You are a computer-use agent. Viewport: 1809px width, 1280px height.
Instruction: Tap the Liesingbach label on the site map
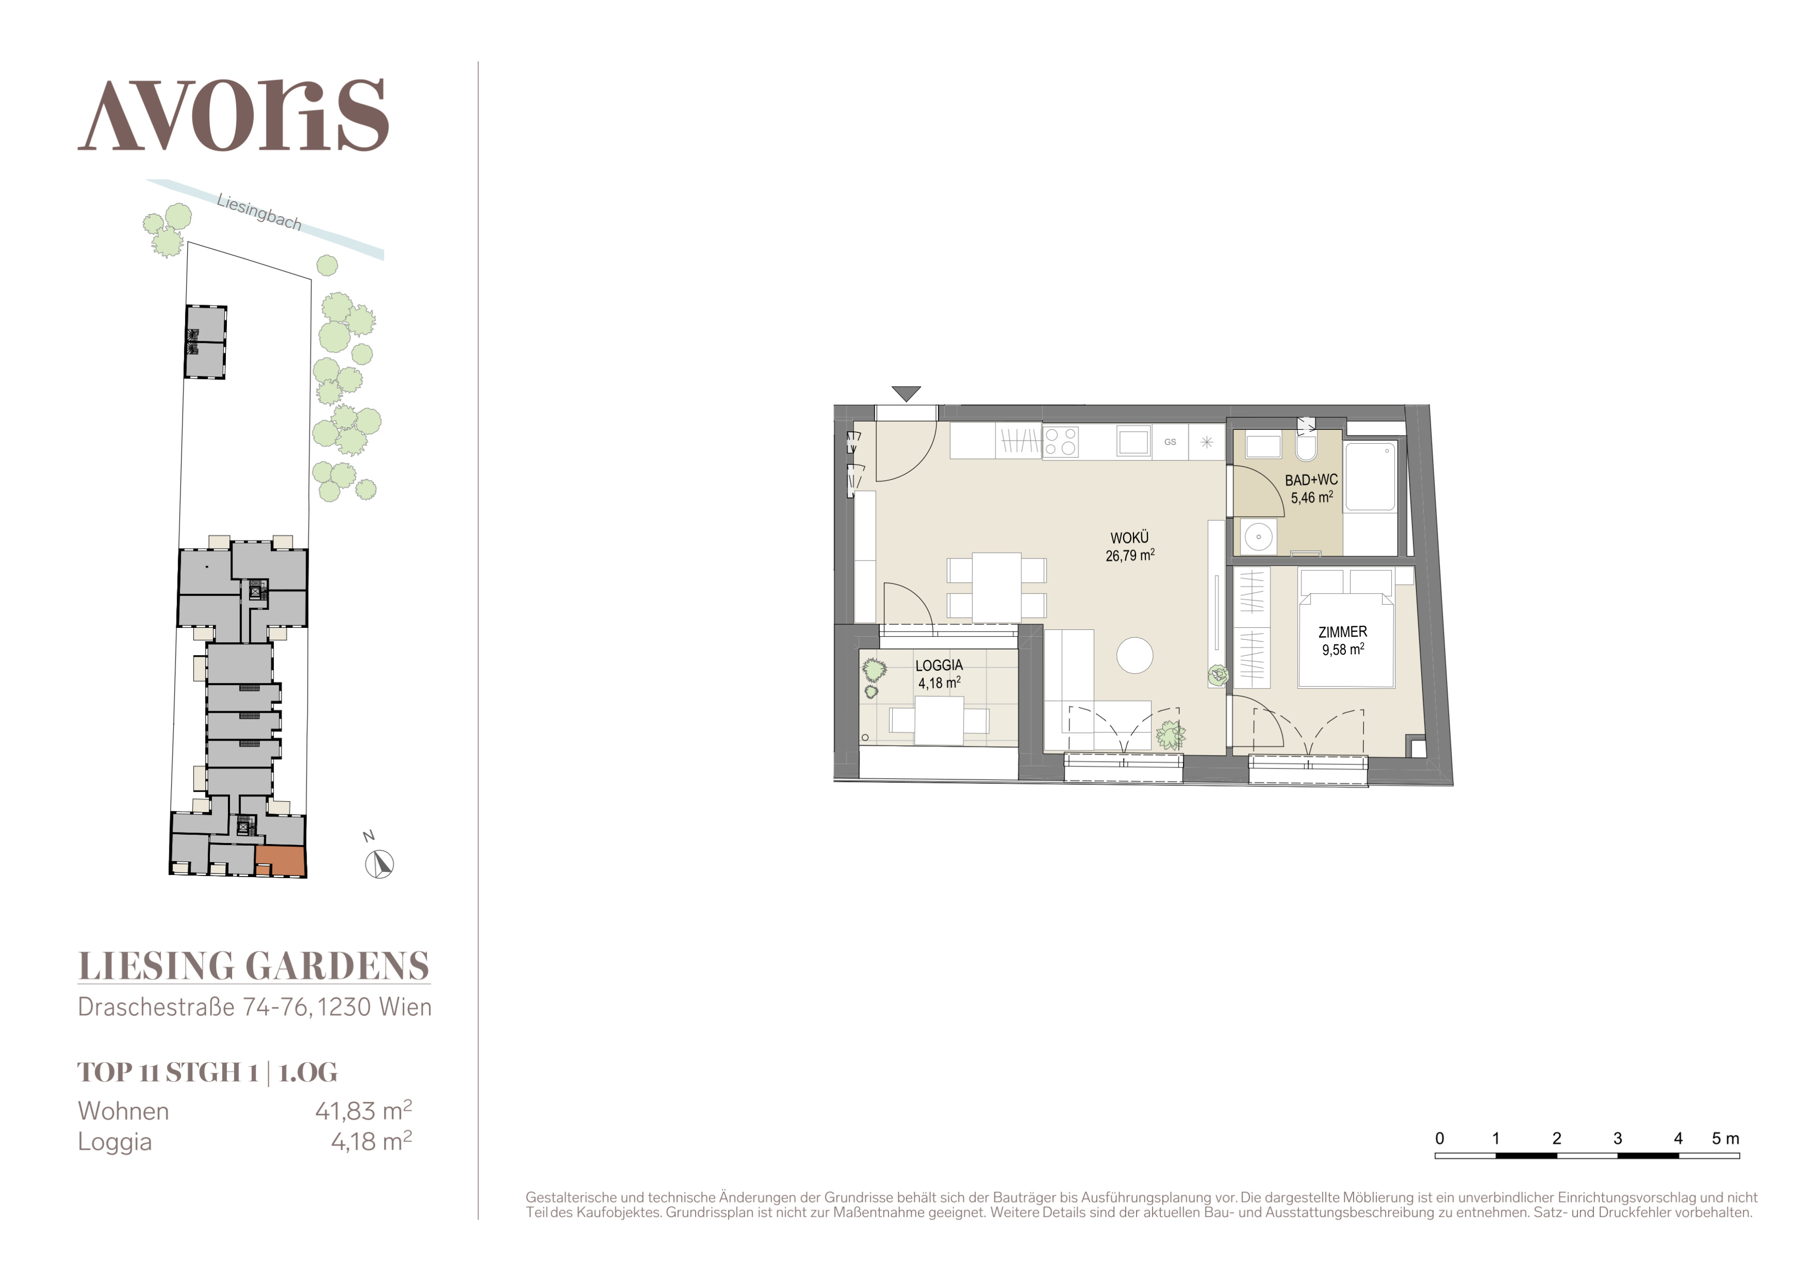point(259,213)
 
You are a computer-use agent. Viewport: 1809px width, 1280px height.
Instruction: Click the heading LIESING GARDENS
point(254,966)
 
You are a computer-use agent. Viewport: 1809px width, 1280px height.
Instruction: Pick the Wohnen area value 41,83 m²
point(363,1110)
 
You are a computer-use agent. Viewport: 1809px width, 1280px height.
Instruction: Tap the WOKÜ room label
point(1130,537)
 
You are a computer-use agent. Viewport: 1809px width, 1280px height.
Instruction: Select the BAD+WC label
point(1311,479)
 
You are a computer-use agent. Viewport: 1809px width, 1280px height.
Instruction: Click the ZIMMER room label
point(1343,631)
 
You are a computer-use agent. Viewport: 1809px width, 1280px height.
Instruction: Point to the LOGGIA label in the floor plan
point(939,665)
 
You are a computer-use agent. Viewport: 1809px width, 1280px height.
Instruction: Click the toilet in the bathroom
point(1306,445)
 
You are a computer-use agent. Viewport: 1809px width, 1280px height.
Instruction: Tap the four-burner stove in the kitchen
point(1061,441)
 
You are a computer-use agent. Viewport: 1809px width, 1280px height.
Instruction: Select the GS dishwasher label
point(1170,442)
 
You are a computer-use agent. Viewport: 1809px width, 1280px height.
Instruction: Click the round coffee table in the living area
point(1135,655)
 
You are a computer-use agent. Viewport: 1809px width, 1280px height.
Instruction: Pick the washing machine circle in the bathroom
point(1259,537)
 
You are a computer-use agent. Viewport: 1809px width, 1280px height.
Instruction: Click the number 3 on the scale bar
point(1618,1138)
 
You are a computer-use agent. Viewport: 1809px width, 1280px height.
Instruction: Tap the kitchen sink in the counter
point(1134,442)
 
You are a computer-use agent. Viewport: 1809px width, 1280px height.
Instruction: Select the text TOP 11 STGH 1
point(168,1072)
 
